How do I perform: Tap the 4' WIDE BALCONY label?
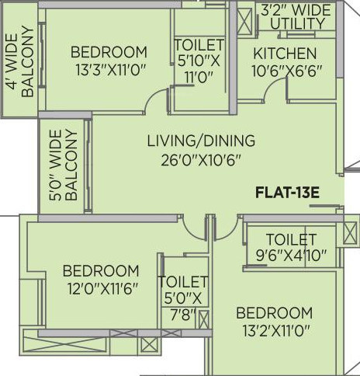19,64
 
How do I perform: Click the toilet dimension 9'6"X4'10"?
291,254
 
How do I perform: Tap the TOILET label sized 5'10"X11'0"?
199,46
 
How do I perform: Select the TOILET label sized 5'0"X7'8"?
183,282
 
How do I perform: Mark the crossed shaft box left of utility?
244,18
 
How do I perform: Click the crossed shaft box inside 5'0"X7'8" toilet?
203,319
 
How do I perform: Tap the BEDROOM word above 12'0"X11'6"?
101,271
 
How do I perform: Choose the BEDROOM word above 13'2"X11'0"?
275,313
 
